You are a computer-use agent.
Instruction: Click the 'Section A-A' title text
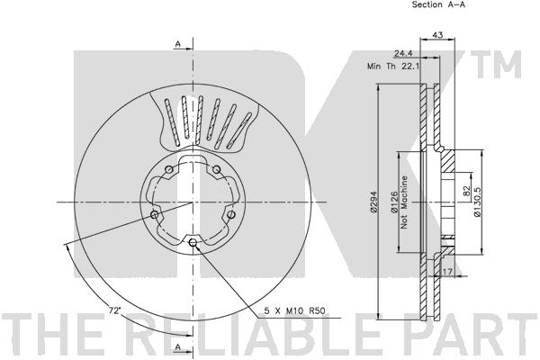pos(438,4)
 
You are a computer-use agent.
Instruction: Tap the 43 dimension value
pos(437,35)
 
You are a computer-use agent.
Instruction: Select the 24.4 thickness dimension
pos(403,53)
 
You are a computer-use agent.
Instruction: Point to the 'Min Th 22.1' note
pos(393,66)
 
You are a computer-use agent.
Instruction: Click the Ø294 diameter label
pos(373,202)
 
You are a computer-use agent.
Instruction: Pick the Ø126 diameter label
pos(395,202)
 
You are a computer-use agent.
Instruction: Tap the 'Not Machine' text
pos(404,202)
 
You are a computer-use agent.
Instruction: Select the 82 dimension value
pos(466,190)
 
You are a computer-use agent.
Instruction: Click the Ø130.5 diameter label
pos(477,202)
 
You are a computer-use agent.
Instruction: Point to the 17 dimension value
pos(447,272)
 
